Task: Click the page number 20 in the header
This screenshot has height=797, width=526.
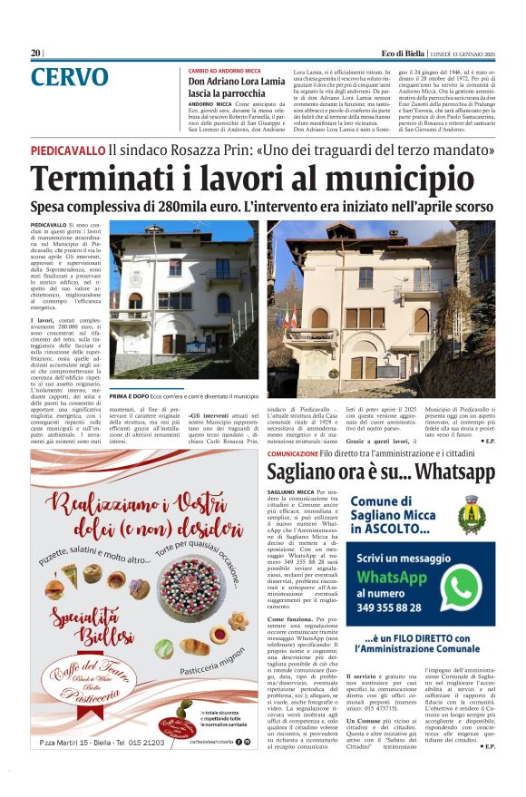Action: [x=35, y=53]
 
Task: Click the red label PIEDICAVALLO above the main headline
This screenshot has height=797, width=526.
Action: [x=67, y=149]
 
